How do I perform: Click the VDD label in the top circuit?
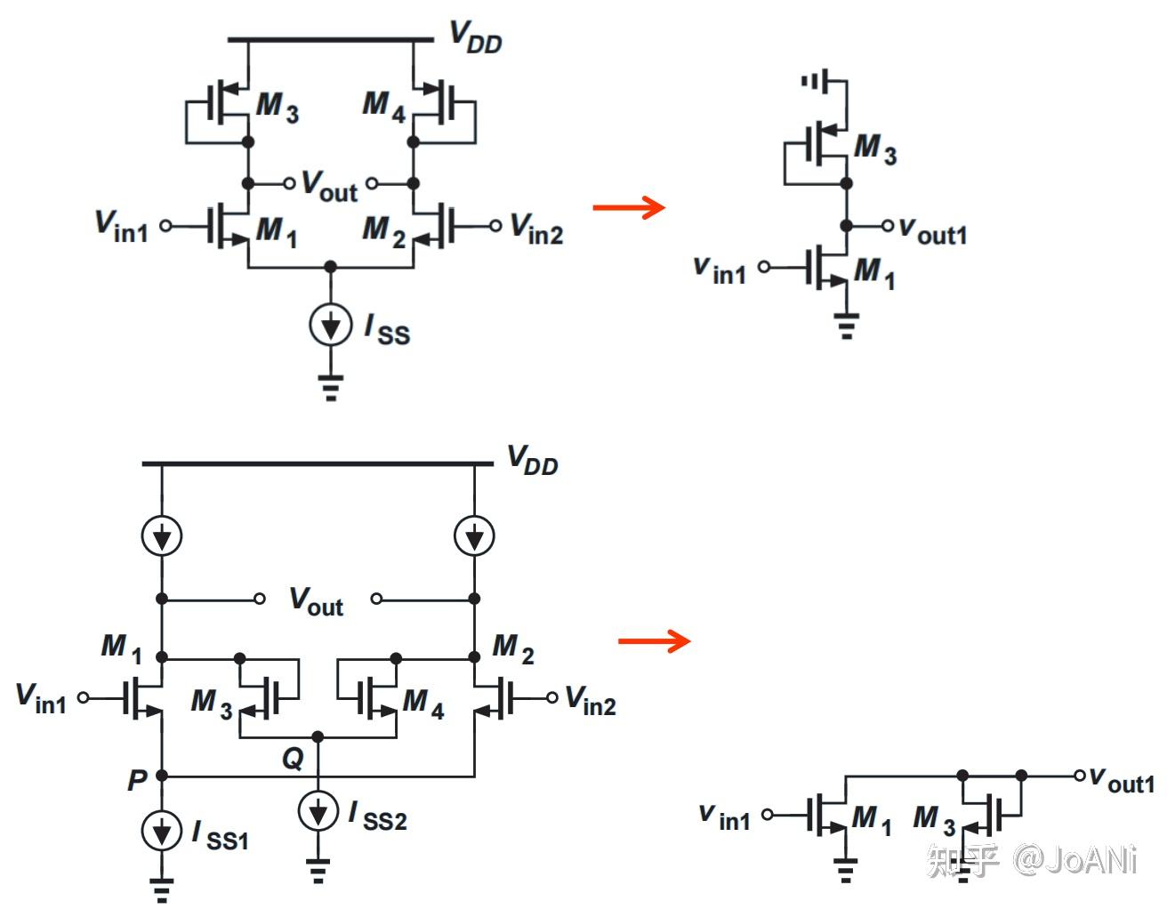point(475,36)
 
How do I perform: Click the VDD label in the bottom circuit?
point(532,460)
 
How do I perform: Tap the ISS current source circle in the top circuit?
point(331,326)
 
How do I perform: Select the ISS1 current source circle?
point(162,831)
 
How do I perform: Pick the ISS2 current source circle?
point(318,811)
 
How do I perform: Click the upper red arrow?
point(629,207)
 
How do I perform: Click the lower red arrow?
point(654,640)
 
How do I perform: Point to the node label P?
point(136,780)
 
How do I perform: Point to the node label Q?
point(293,759)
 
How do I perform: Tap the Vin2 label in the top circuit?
point(535,229)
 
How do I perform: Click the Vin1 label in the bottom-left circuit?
point(41,698)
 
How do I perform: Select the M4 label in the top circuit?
point(383,106)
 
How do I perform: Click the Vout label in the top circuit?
point(328,185)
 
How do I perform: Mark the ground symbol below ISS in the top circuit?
point(331,388)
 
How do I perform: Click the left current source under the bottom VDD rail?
point(162,535)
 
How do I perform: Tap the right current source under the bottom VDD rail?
point(474,535)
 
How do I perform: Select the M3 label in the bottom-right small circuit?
point(933,819)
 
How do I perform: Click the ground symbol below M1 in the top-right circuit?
point(846,326)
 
